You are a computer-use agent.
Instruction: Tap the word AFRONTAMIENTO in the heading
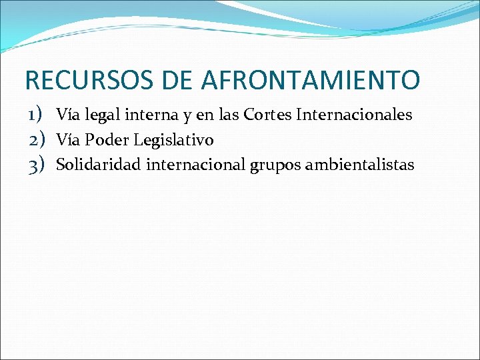310,80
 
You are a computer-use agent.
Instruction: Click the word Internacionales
354,115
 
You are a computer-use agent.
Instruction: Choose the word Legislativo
173,140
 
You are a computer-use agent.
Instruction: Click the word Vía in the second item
68,140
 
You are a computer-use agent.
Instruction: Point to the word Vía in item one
68,115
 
